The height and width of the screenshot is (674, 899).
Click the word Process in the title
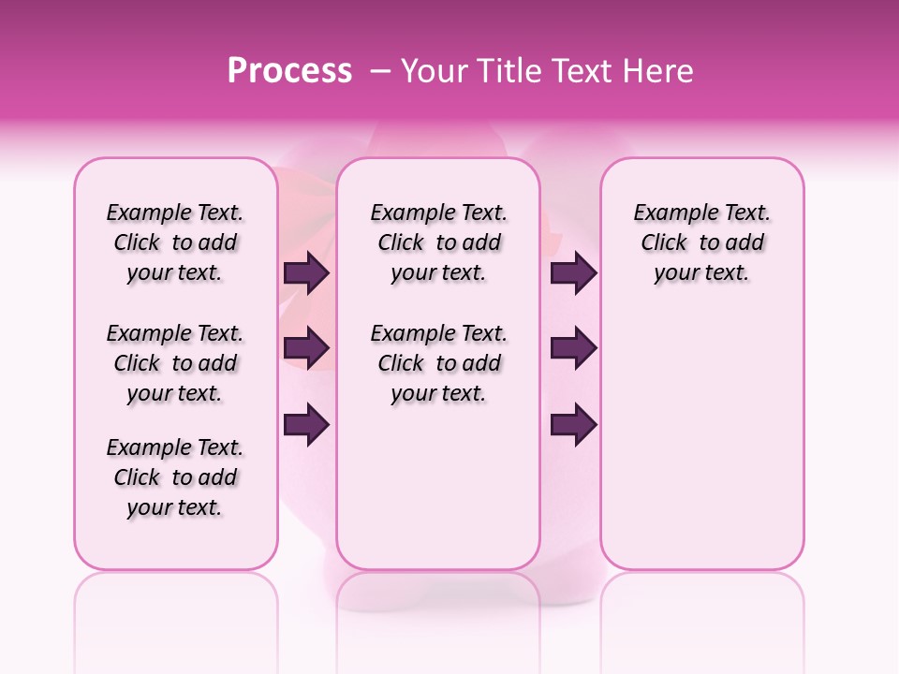(x=289, y=71)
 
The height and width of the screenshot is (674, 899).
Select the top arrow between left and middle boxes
(x=306, y=273)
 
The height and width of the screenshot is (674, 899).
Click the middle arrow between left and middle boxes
(x=306, y=349)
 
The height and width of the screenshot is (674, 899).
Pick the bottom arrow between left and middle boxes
(x=306, y=425)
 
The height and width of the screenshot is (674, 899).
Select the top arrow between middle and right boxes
(x=573, y=273)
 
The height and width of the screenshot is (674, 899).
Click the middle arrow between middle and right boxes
(x=573, y=349)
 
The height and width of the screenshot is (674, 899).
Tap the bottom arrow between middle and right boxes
(x=573, y=425)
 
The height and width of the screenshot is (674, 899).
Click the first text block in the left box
(x=175, y=242)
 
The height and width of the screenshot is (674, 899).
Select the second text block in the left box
(x=175, y=363)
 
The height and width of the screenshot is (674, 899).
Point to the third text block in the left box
(x=175, y=477)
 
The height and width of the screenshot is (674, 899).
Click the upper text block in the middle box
(x=439, y=242)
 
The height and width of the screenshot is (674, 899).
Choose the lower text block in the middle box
(x=439, y=363)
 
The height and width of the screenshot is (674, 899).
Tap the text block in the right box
(x=702, y=242)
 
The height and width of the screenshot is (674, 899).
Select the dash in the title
(x=381, y=71)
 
